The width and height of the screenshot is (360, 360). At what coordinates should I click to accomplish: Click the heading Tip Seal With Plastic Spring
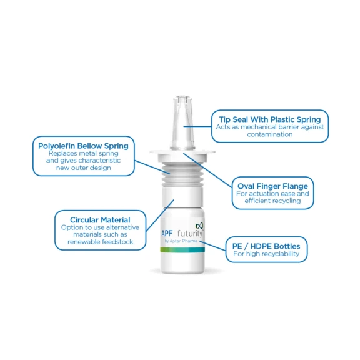pos(269,119)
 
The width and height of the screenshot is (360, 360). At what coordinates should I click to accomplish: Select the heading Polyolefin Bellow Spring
pos(83,146)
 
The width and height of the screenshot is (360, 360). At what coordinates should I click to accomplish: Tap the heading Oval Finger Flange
pos(272,186)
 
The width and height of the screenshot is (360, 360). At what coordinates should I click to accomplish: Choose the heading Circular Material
pos(100,220)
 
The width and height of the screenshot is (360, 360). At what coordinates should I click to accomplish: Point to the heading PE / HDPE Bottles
pos(266,246)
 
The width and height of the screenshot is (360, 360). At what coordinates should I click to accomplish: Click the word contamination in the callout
pos(269,134)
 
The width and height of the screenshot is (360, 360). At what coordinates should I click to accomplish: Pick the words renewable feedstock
pos(100,242)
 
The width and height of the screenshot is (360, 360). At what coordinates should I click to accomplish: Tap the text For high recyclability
pos(266,254)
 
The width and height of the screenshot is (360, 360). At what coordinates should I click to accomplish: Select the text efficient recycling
pos(272,201)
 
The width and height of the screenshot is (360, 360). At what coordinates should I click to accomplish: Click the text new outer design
pos(83,167)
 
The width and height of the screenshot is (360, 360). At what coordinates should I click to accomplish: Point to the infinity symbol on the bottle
pos(200,226)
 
